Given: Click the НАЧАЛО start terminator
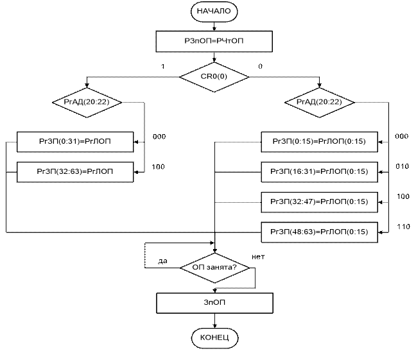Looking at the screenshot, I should pos(214,12).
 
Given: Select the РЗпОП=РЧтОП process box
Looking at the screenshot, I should pos(214,42).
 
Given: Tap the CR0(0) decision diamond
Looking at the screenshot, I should pos(214,77).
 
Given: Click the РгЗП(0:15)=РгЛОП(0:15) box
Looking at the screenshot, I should pos(320,141).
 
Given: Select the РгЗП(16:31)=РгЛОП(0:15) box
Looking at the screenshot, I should pos(320,171).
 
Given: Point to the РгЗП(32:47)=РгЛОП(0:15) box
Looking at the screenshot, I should pos(320,201).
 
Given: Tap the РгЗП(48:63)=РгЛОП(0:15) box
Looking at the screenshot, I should pos(320,231).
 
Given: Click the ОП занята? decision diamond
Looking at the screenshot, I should pos(214,266).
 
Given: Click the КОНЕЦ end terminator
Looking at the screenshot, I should pos(214,338).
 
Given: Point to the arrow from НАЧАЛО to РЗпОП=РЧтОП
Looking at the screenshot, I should pos(214,26).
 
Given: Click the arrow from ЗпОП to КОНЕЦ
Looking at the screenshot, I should pos(214,320).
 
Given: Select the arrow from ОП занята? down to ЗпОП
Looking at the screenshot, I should pos(214,286).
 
